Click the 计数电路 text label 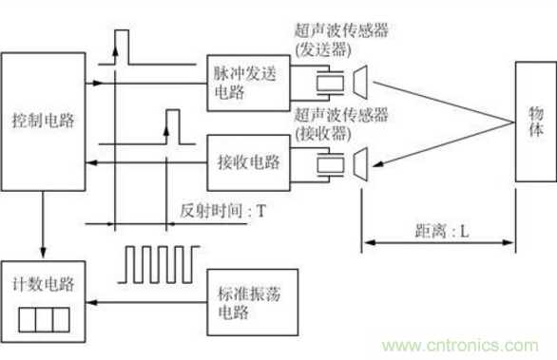point(43,285)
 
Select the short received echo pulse point(171,122)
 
